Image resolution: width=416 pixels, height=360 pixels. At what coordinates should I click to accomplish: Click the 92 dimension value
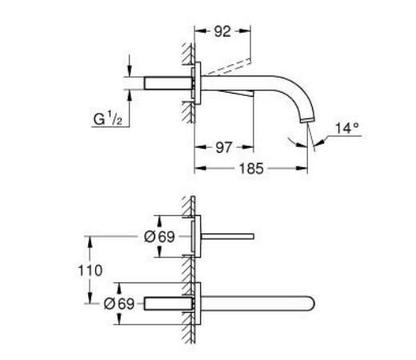point(222,33)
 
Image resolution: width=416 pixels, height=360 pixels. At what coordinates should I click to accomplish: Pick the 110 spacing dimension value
point(92,270)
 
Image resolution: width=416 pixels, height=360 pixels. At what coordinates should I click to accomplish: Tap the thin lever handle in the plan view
point(232,236)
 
